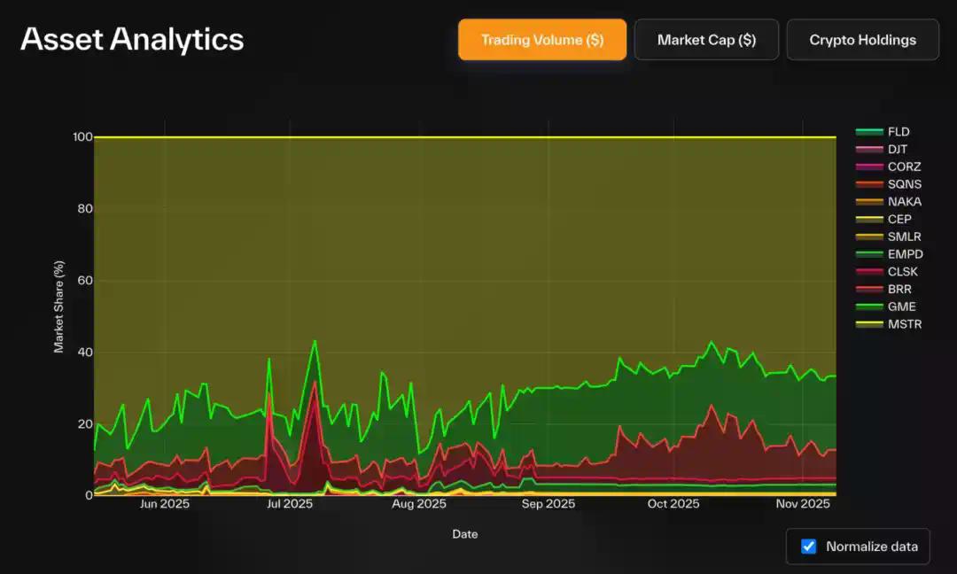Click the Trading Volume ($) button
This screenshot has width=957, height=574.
point(542,40)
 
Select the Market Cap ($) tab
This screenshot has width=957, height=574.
point(706,40)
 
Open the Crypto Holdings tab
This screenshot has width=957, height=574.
point(862,40)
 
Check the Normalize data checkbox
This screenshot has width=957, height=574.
point(809,547)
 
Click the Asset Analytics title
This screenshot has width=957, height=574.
point(132,39)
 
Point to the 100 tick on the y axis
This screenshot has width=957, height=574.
point(82,137)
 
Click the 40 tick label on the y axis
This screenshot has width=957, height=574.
point(84,353)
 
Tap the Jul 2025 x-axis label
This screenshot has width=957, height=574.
point(290,504)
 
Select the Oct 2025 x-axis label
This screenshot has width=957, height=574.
point(673,504)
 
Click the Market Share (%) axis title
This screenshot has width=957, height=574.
point(59,306)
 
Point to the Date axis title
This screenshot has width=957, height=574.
point(465,534)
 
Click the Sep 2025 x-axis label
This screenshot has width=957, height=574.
point(548,504)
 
